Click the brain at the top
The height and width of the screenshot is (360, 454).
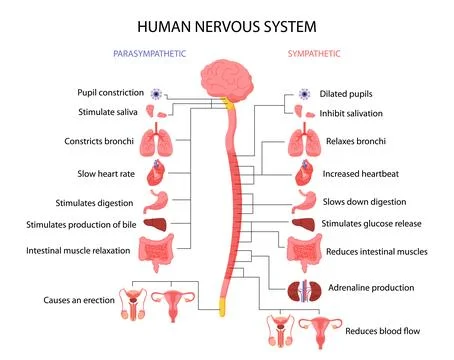tap(228, 79)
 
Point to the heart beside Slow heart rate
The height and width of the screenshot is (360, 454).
tap(160, 174)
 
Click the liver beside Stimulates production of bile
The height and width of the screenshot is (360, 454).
tap(160, 226)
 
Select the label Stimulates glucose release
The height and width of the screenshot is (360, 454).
tap(379, 225)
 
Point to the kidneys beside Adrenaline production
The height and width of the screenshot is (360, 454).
tap(302, 290)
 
